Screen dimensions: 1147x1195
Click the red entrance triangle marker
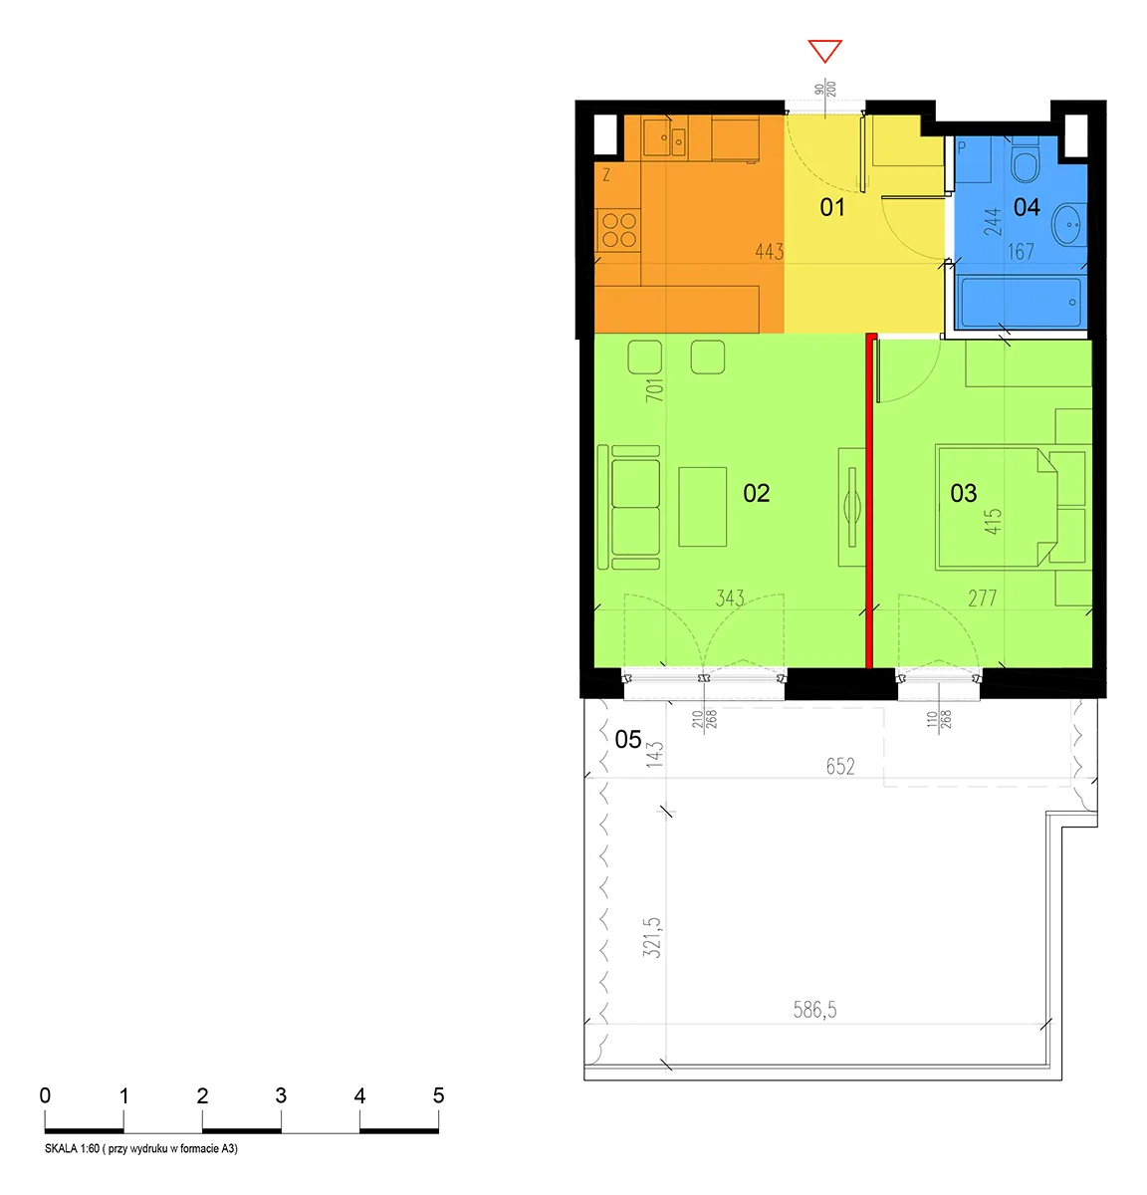click(824, 51)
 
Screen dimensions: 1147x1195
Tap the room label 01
click(832, 207)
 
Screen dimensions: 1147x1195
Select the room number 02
click(756, 493)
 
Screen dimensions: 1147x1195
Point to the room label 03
click(963, 493)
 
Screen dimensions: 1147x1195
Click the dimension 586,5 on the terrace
click(814, 1010)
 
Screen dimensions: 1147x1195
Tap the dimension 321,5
click(651, 937)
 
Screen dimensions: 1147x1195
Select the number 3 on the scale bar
click(281, 1094)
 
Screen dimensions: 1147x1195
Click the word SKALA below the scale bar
click(61, 1148)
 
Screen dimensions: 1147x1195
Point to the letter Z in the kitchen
click(606, 175)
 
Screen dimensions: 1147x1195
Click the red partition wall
click(869, 500)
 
